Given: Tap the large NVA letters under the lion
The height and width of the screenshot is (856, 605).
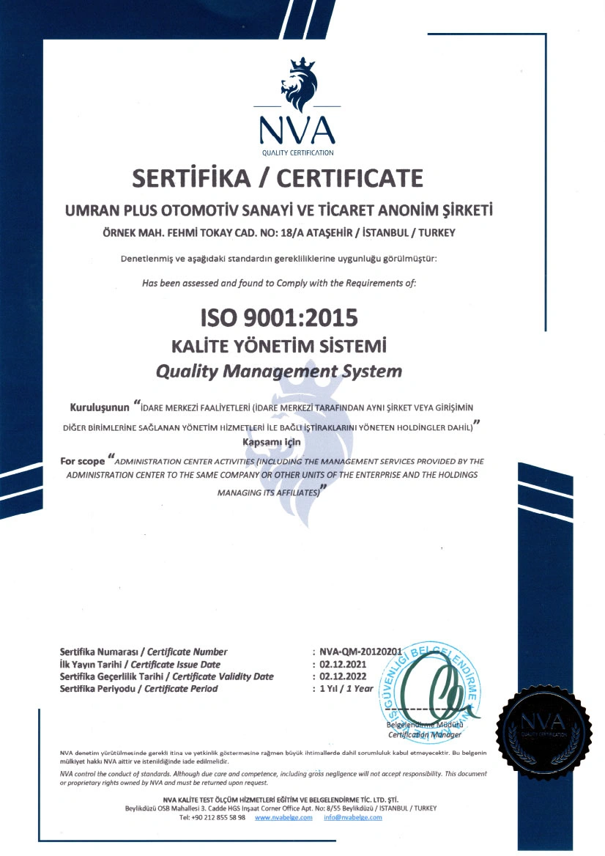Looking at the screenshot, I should coord(297,130).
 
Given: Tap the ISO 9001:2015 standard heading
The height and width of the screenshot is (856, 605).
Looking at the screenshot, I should coord(279,318).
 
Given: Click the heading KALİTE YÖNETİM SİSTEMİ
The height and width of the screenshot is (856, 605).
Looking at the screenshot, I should coord(279,345).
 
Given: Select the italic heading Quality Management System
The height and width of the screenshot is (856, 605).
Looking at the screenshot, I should coord(279,371).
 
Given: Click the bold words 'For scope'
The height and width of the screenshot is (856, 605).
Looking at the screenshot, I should coord(82,462).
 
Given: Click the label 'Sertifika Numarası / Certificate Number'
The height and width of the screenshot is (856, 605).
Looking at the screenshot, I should coord(144,652).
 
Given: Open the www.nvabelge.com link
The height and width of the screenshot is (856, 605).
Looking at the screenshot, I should coord(283,817).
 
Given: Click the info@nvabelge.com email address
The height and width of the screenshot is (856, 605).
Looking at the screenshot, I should coord(353,817).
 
